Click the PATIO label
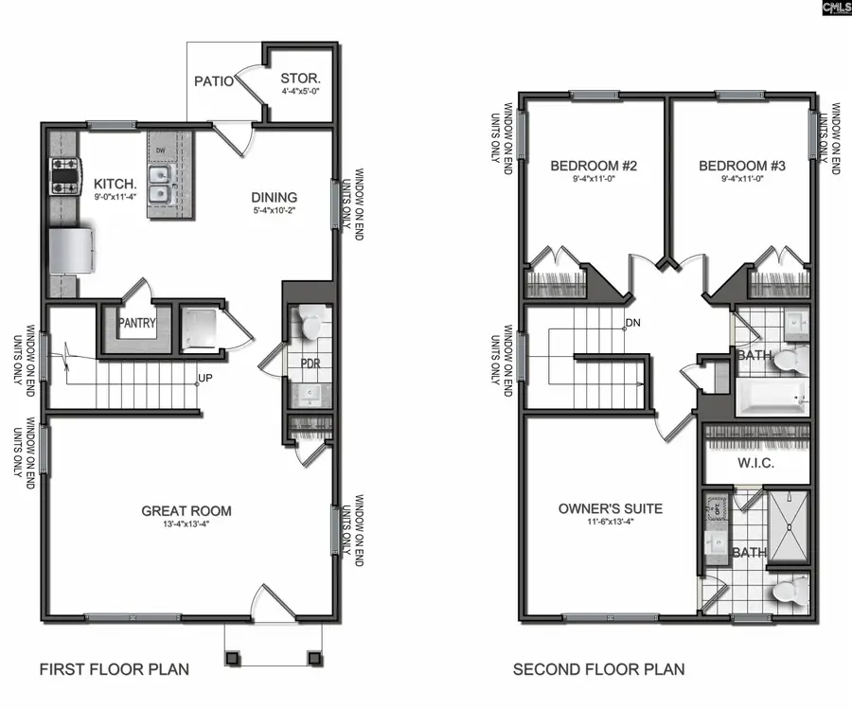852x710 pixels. pyautogui.click(x=214, y=81)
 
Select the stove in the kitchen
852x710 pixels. pyautogui.click(x=64, y=176)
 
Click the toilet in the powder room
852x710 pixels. pyautogui.click(x=310, y=322)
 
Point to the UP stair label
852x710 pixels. pyautogui.click(x=204, y=381)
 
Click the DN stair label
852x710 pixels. pyautogui.click(x=633, y=324)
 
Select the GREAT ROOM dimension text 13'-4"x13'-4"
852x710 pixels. pyautogui.click(x=186, y=526)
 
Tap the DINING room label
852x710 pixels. pyautogui.click(x=275, y=198)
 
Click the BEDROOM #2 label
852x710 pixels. pyautogui.click(x=594, y=166)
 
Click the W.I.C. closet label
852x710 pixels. pyautogui.click(x=757, y=465)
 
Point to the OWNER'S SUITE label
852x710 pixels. pyautogui.click(x=611, y=508)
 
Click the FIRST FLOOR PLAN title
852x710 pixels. pyautogui.click(x=114, y=669)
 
